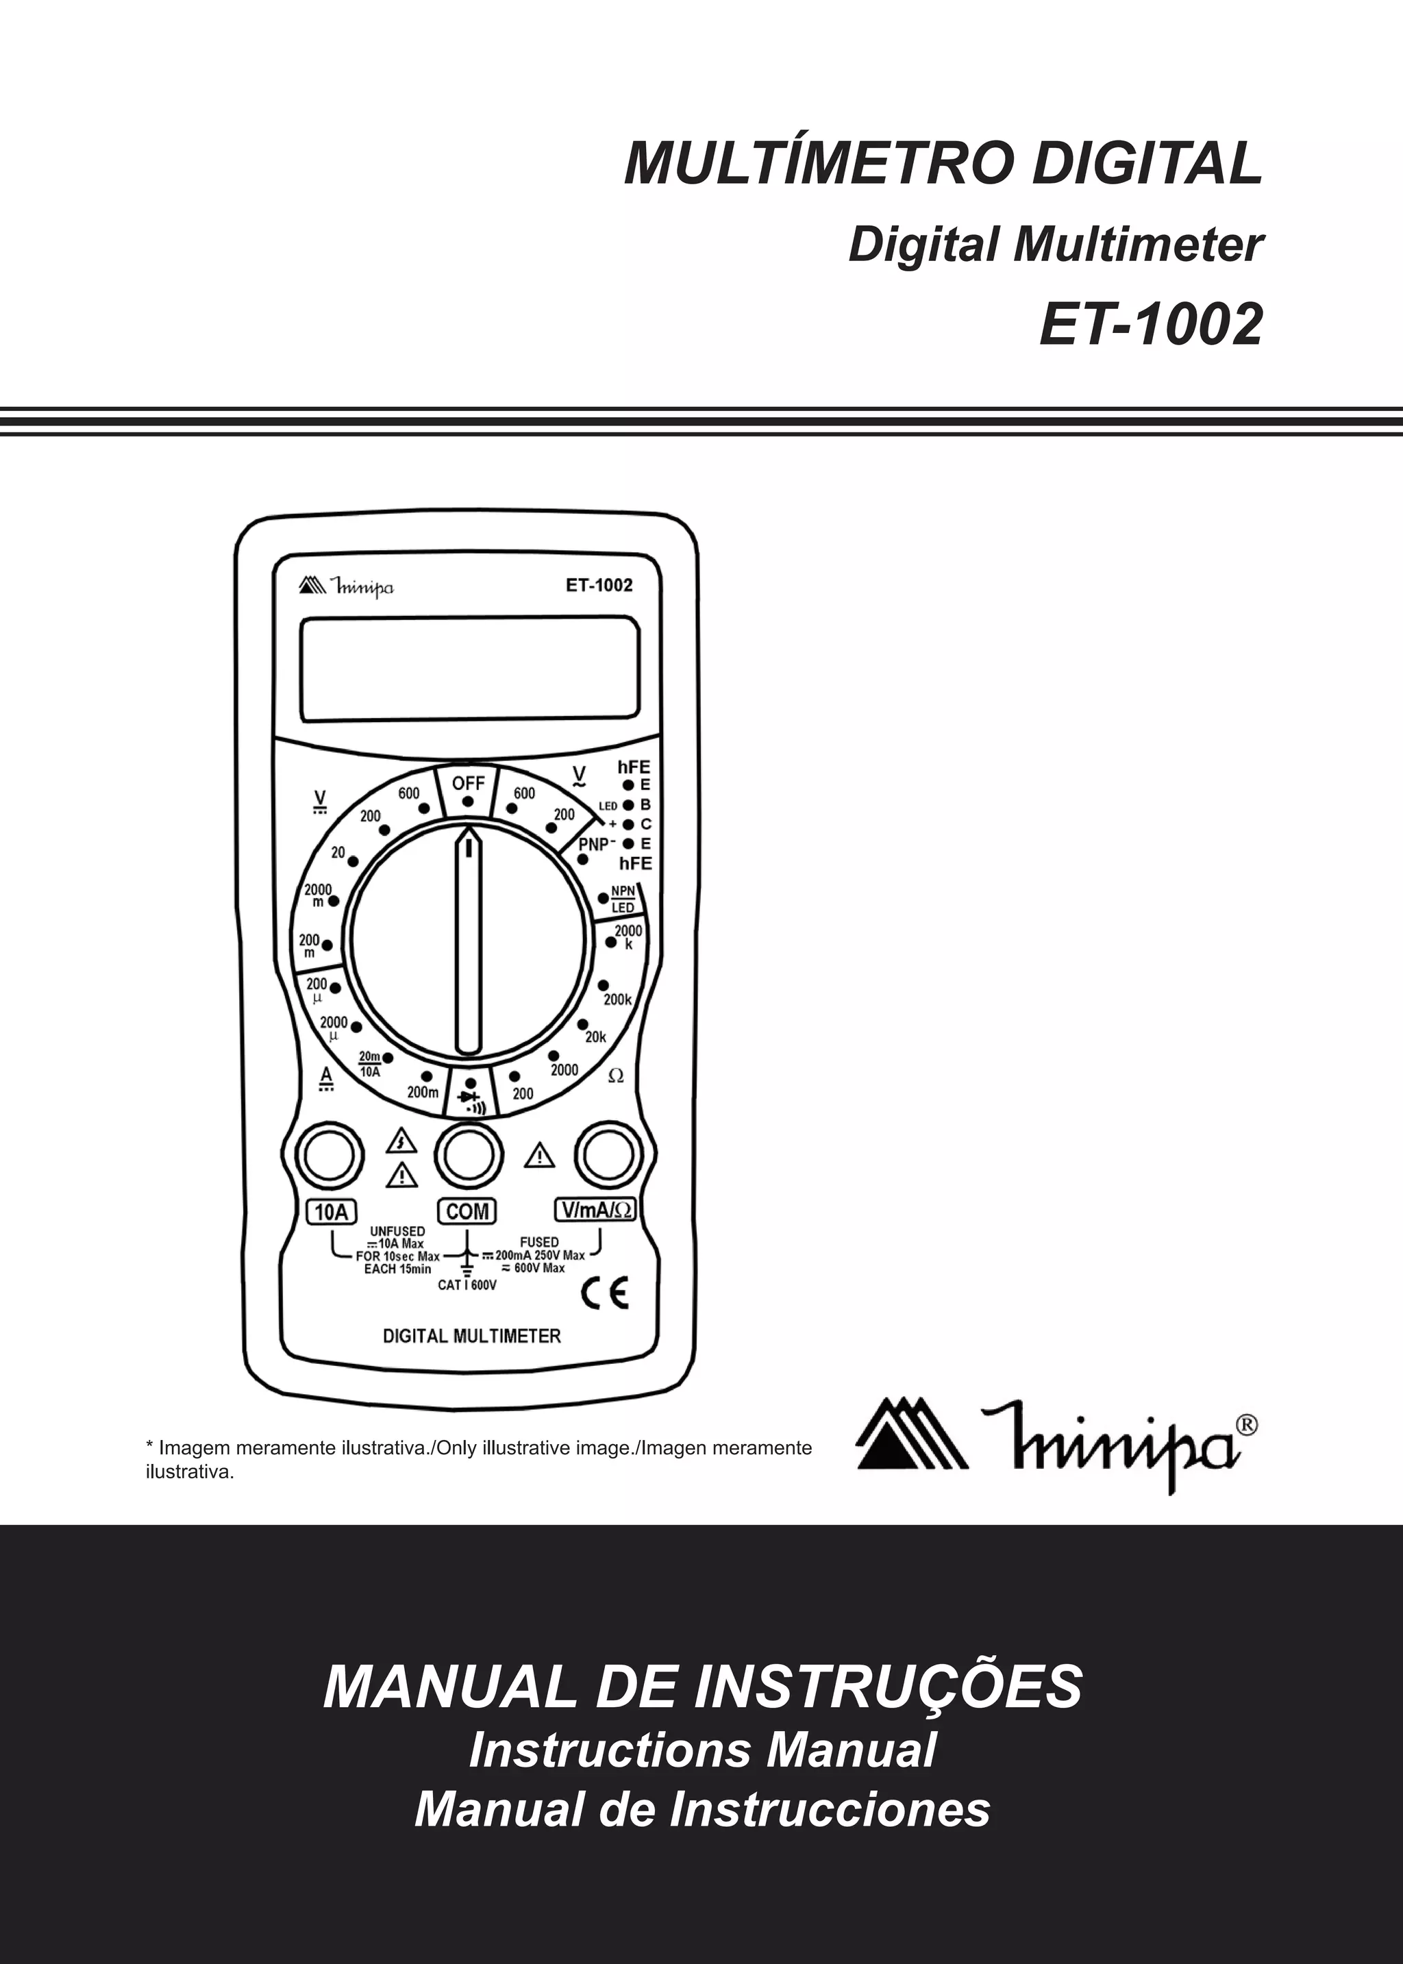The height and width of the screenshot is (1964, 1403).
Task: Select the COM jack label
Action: tap(467, 1212)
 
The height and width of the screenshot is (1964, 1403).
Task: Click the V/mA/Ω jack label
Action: tap(595, 1211)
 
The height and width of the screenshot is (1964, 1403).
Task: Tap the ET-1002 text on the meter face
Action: tap(599, 585)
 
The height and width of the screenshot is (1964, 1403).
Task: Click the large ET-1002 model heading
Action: tap(1151, 325)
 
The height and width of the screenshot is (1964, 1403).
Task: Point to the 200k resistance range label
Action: tap(619, 1000)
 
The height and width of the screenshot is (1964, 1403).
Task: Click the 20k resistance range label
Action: tap(596, 1037)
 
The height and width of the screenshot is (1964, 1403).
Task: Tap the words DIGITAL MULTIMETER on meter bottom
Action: tap(472, 1336)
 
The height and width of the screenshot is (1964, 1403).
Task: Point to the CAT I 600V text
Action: tap(467, 1285)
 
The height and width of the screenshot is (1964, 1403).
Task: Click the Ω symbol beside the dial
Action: tap(616, 1077)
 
